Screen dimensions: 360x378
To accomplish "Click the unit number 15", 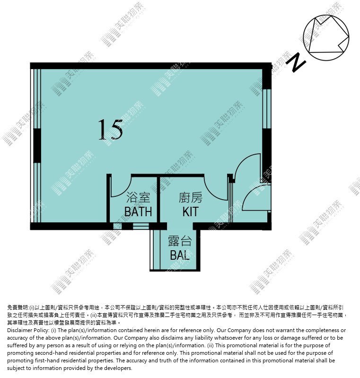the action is (110, 130).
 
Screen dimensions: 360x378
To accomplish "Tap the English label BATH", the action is (138, 211).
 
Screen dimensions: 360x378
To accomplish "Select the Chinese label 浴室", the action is (138, 197).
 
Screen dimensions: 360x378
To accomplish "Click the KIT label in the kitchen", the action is (191, 211).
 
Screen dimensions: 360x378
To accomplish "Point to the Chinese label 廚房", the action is (191, 197).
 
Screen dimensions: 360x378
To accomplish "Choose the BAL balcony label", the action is (180, 255).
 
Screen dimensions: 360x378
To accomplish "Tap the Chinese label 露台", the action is (180, 241).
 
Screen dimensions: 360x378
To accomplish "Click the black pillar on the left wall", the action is (37, 146).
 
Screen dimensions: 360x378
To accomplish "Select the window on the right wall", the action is (267, 109).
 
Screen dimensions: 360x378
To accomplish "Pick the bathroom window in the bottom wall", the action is (141, 226).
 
